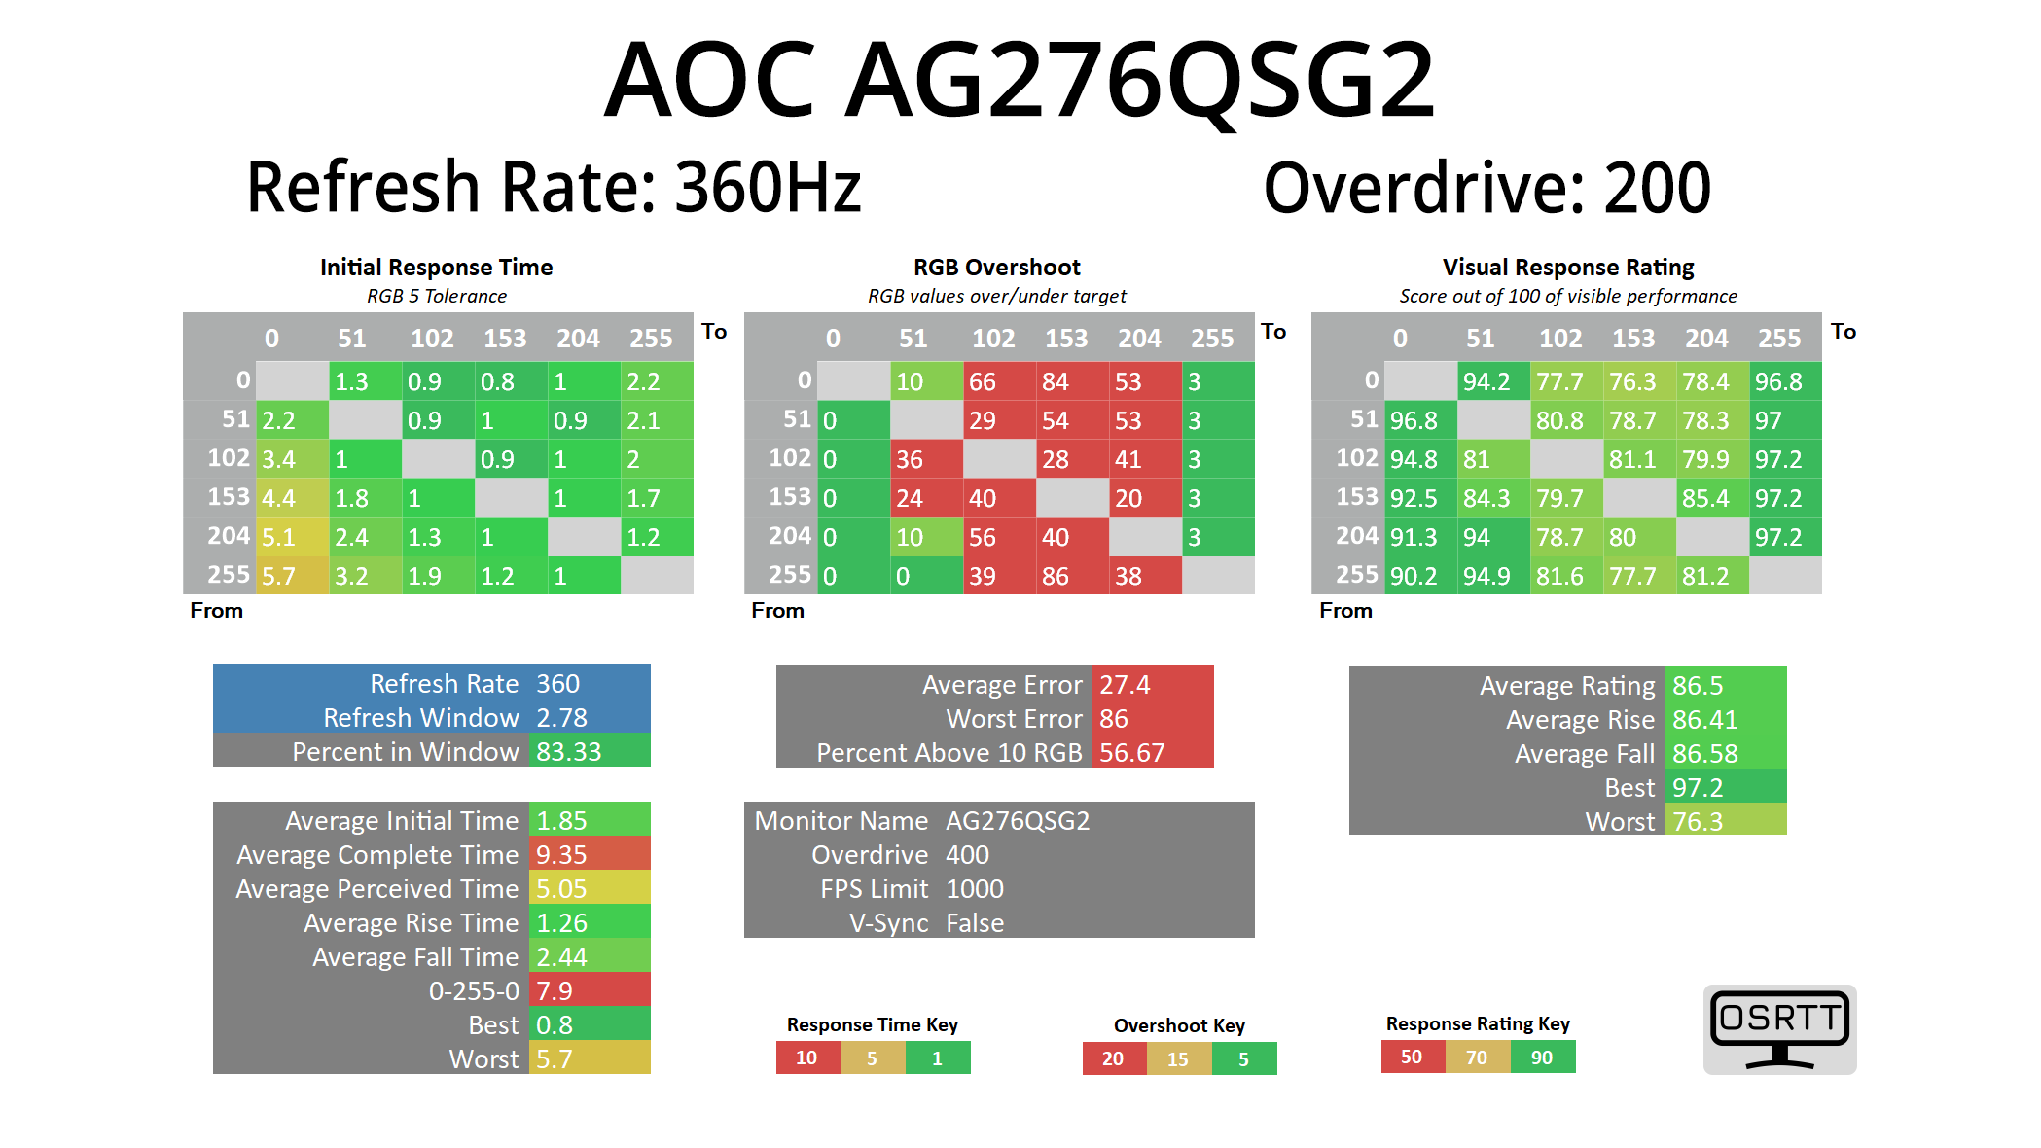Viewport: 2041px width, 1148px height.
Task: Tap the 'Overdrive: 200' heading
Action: click(x=1486, y=187)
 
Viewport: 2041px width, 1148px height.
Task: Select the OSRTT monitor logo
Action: click(x=1779, y=1029)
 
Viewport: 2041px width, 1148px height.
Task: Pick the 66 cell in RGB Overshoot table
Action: click(x=998, y=381)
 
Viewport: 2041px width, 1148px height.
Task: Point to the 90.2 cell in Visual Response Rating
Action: click(x=1419, y=576)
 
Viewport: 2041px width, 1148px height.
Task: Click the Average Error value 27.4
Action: click(x=1152, y=685)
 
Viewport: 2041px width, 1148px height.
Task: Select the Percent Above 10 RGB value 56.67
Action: click(x=1152, y=753)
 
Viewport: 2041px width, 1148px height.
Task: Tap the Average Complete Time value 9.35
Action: click(x=589, y=855)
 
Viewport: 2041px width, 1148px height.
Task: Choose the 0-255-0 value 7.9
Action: click(x=589, y=991)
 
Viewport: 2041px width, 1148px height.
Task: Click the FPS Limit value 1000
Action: click(x=975, y=889)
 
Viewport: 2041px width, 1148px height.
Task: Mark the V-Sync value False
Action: click(x=975, y=923)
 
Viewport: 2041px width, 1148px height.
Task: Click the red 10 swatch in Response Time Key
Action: click(x=807, y=1058)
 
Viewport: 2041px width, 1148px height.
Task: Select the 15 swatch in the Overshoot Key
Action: click(x=1178, y=1058)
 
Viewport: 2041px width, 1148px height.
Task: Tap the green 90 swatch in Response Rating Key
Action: click(x=1542, y=1058)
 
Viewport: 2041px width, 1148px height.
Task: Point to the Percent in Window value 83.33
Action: click(x=589, y=752)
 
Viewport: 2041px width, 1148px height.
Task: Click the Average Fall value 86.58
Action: click(x=1725, y=754)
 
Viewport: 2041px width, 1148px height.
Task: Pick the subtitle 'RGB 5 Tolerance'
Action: click(x=437, y=296)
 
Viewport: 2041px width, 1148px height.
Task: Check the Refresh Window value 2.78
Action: click(x=589, y=718)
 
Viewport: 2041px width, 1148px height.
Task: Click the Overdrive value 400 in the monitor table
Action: click(x=968, y=855)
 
